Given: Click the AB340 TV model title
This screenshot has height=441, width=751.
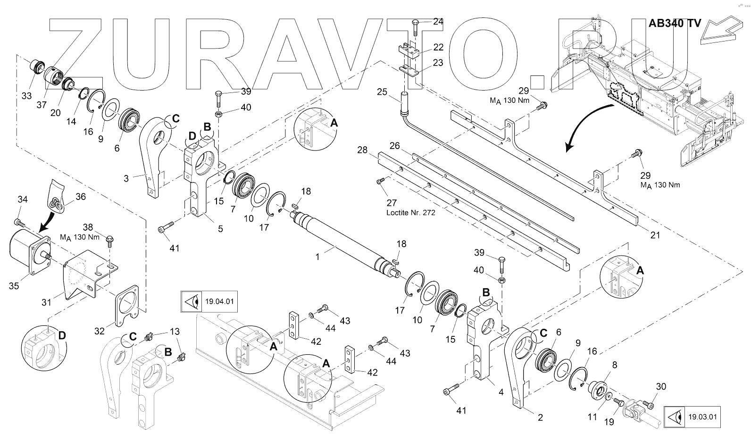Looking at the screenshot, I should [x=674, y=24].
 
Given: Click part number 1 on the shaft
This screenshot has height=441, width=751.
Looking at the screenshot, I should [x=317, y=257].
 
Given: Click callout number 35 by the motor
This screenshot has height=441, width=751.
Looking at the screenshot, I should [x=14, y=286].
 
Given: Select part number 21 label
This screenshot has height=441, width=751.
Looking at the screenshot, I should [x=655, y=235].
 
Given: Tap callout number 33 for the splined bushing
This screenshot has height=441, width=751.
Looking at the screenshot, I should [x=27, y=96].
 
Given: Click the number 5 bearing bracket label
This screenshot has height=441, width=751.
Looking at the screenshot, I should [x=220, y=229].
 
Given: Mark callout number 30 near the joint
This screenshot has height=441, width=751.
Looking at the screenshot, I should [x=661, y=387].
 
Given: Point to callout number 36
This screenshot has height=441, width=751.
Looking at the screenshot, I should [x=81, y=197].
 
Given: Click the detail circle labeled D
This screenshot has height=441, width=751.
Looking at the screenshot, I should [x=44, y=346].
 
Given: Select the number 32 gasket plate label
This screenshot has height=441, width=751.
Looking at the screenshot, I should [x=99, y=331].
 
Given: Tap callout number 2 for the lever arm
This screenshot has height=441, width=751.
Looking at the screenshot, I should [x=540, y=417].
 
